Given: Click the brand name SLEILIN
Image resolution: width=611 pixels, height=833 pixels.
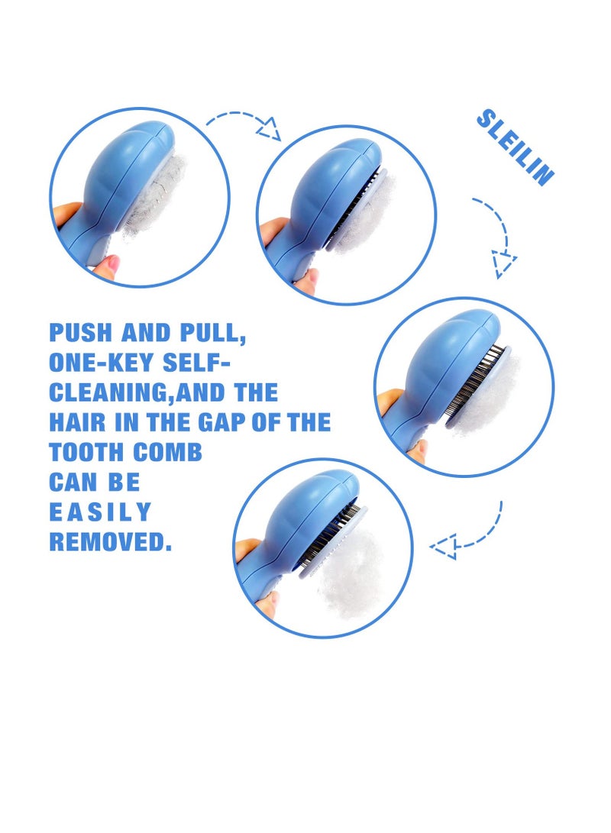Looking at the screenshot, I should (515, 147).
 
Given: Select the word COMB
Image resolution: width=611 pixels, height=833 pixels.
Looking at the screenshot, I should (170, 452).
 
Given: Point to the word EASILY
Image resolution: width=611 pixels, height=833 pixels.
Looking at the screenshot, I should (100, 512).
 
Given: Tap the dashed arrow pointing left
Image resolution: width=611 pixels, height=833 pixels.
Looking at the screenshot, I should (466, 534).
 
